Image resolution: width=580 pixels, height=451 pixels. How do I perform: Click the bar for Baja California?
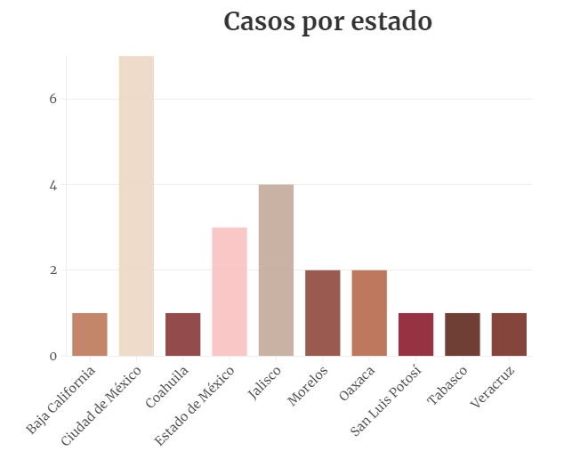[x=90, y=334]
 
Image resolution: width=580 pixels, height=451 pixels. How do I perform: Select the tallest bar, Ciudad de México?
[x=136, y=206]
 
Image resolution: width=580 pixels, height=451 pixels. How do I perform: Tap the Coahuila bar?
[x=183, y=334]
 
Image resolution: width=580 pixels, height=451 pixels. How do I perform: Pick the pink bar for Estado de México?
[x=230, y=292]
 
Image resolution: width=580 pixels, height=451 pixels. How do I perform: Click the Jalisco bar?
[x=276, y=270]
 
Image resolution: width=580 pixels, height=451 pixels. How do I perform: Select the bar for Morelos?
[x=323, y=313]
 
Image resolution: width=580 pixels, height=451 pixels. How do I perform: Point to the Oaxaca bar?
[x=369, y=313]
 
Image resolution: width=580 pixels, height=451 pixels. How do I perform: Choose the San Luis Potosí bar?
[x=415, y=334]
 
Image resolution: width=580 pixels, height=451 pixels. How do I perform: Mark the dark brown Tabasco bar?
[x=463, y=334]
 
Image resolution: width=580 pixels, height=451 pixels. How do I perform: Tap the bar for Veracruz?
[x=509, y=334]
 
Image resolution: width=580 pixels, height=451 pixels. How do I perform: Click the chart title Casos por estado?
[x=327, y=21]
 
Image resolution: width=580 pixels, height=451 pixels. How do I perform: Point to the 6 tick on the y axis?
[x=53, y=99]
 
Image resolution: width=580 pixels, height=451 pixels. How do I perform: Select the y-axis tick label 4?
[x=53, y=185]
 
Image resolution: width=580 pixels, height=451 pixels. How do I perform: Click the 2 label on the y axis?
[x=53, y=270]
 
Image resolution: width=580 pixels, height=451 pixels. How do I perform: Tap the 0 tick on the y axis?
[x=53, y=356]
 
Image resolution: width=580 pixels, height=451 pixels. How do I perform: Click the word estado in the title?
[x=389, y=21]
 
